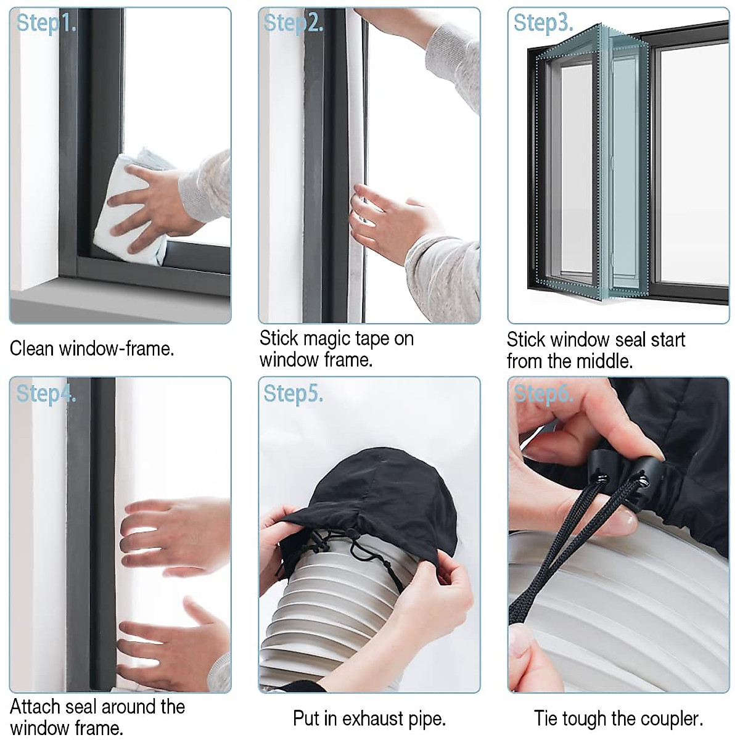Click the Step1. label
(46, 23)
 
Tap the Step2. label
(293, 23)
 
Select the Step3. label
(543, 23)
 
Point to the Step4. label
(46, 393)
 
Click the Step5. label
(293, 393)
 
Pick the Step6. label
(543, 393)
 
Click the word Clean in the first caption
(32, 349)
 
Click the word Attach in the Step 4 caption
(35, 707)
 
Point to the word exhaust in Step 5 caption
(373, 718)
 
